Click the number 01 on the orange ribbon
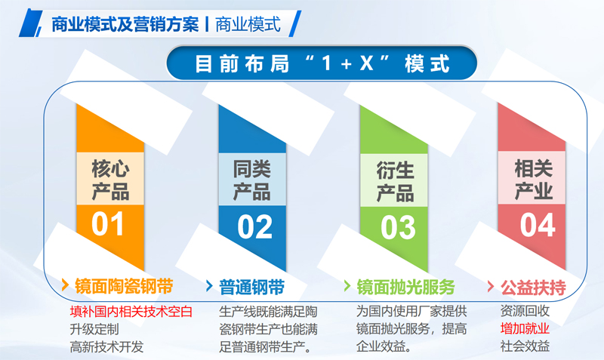(x=107, y=223)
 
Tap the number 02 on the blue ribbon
(x=254, y=226)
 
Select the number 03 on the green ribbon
(x=398, y=228)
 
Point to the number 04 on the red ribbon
(x=538, y=225)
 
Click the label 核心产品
(x=110, y=180)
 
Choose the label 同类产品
(x=252, y=180)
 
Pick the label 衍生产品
(x=395, y=182)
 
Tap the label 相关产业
(x=534, y=180)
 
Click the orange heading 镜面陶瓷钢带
(x=124, y=287)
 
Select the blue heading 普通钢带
(x=252, y=288)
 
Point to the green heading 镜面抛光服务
(x=406, y=288)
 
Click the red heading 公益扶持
(x=533, y=288)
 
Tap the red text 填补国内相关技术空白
(x=131, y=312)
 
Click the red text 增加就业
(x=525, y=328)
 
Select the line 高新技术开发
(x=106, y=346)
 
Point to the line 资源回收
(x=525, y=311)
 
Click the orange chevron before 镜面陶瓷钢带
(x=65, y=286)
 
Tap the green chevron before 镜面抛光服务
(x=347, y=286)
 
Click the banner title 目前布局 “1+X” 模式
(x=322, y=63)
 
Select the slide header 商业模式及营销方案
(x=125, y=25)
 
